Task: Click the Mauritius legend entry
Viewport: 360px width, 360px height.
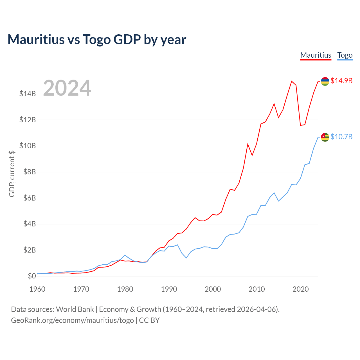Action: pos(316,55)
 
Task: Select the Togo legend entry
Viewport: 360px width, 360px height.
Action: pos(345,55)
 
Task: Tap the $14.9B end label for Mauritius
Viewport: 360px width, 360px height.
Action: pos(341,81)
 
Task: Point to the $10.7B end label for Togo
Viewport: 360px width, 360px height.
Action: pos(341,137)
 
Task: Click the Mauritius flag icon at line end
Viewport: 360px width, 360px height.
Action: pos(325,81)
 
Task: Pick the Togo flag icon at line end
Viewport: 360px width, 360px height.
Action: pos(325,137)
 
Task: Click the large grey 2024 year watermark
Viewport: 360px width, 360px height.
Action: pos(67,88)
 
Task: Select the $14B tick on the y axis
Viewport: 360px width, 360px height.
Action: pos(28,94)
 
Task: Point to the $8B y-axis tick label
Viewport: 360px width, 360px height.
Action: pos(28,172)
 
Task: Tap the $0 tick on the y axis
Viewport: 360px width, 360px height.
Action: pos(32,276)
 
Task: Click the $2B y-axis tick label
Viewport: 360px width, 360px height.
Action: pos(28,250)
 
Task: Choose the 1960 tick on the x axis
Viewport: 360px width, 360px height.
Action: pos(37,289)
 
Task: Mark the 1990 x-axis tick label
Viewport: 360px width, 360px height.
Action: pos(169,289)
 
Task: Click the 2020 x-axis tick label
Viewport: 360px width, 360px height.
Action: pos(301,289)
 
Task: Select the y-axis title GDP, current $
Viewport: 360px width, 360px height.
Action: pos(12,174)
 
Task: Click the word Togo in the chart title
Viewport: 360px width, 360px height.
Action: pos(96,39)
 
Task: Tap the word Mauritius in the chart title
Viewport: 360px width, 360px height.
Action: pos(36,39)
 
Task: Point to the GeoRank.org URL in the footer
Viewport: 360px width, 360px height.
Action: pos(72,320)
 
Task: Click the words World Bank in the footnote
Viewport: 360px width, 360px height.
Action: pos(75,309)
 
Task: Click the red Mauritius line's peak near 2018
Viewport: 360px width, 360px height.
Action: pos(292,81)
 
